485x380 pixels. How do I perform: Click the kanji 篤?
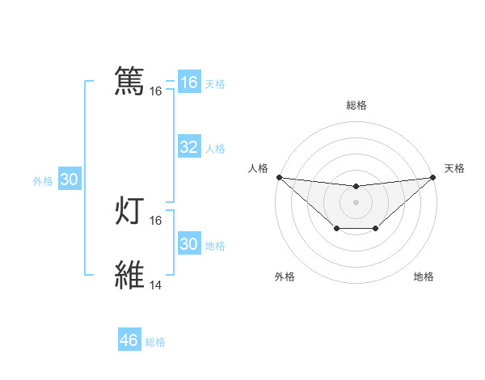point(129,82)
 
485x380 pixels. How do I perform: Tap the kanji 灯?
point(129,212)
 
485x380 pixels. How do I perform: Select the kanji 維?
point(129,276)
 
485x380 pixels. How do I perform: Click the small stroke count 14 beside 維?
point(156,285)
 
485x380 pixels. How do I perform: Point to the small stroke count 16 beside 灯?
point(156,221)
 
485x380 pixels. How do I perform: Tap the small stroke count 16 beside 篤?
point(156,92)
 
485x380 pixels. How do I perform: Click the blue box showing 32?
point(188,147)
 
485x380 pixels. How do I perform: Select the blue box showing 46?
point(129,340)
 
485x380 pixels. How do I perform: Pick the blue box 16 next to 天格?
point(188,82)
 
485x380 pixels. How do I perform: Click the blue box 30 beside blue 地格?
point(188,244)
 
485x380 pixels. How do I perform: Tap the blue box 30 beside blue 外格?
point(70,180)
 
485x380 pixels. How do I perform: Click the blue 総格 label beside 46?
point(155,342)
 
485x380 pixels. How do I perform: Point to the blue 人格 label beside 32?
point(215,149)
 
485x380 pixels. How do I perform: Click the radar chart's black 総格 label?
point(356,105)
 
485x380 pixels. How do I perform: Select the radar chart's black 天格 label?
point(455,168)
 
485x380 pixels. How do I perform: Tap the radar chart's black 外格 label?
point(285,277)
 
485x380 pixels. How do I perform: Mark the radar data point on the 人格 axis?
point(279,177)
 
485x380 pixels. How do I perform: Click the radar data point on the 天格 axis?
point(433,177)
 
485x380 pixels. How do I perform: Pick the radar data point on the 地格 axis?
point(376,229)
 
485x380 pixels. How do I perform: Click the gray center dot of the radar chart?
point(356,202)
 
